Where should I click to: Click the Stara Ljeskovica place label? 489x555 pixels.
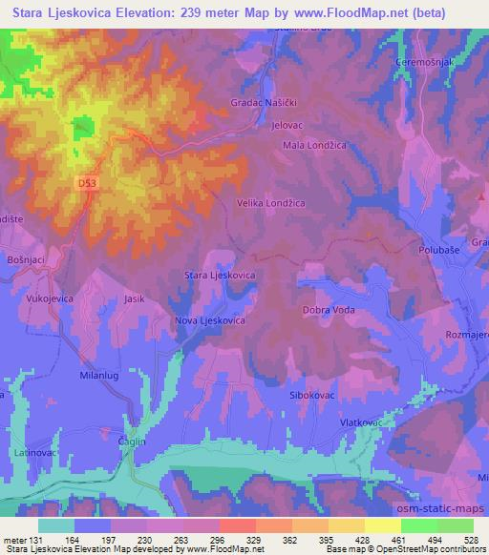[x=220, y=275]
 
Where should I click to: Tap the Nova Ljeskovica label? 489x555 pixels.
[x=211, y=321]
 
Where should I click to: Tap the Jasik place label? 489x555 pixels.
[x=134, y=298]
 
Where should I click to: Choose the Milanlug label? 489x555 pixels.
[x=97, y=377]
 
